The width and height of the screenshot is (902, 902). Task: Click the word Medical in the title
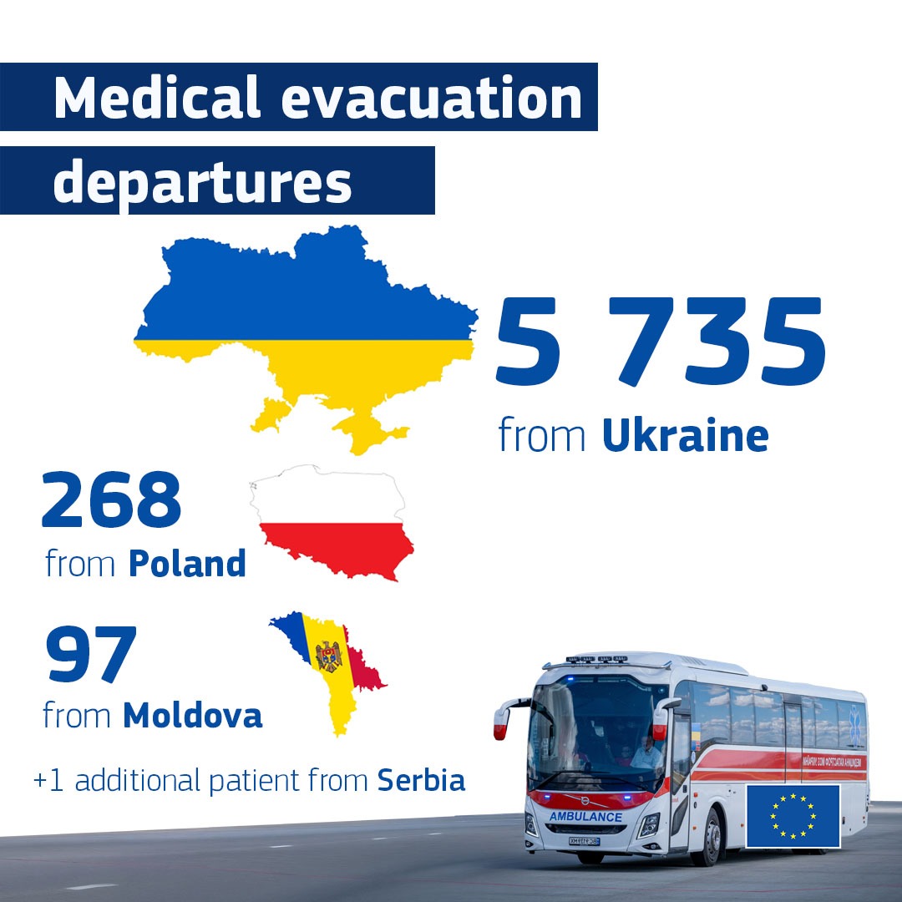click(157, 98)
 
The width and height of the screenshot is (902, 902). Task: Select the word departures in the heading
click(203, 181)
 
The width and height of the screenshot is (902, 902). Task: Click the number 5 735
click(660, 343)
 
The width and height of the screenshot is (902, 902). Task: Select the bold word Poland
click(187, 564)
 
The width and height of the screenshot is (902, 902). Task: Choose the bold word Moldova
click(192, 715)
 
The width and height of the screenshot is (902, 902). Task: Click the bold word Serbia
click(422, 781)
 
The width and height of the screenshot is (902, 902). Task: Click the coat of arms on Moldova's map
click(329, 656)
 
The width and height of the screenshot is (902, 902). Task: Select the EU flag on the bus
click(793, 816)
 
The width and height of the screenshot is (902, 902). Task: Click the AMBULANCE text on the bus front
click(585, 816)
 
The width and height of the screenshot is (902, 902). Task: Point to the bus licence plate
click(585, 840)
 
